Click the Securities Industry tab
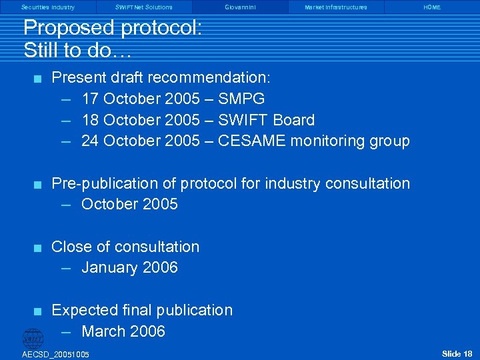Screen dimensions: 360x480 click(48, 7)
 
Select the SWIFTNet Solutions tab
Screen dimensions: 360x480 click(143, 7)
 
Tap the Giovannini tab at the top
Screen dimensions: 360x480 click(240, 7)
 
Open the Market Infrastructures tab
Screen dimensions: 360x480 click(336, 7)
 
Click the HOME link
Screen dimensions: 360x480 click(432, 7)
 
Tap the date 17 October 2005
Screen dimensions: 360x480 click(140, 99)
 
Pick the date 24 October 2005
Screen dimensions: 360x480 click(140, 141)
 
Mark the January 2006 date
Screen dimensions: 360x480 click(129, 268)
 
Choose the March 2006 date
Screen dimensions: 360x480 click(123, 331)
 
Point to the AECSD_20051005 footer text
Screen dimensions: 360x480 click(55, 354)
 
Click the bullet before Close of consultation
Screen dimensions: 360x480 click(39, 248)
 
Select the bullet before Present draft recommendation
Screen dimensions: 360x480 click(39, 79)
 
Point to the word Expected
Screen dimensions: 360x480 click(85, 310)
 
